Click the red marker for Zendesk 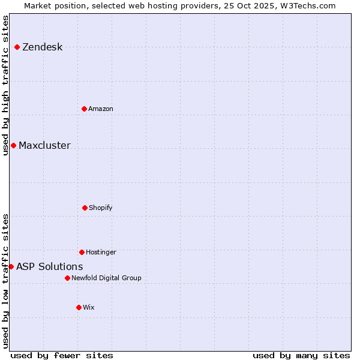(x=17, y=47)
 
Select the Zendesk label (x=42, y=47)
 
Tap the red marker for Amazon (x=84, y=109)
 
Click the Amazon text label (x=100, y=109)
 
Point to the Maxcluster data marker (x=13, y=145)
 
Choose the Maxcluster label (x=44, y=145)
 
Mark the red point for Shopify (x=85, y=208)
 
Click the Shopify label (x=100, y=208)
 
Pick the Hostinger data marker (x=82, y=252)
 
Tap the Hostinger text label (x=101, y=252)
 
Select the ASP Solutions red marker (x=11, y=266)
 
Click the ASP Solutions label (x=49, y=266)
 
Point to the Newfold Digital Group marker (x=67, y=278)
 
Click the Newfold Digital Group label (x=106, y=278)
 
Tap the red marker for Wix (x=79, y=307)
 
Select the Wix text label (x=88, y=307)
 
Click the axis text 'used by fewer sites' (x=62, y=355)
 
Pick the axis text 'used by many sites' (x=301, y=355)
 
